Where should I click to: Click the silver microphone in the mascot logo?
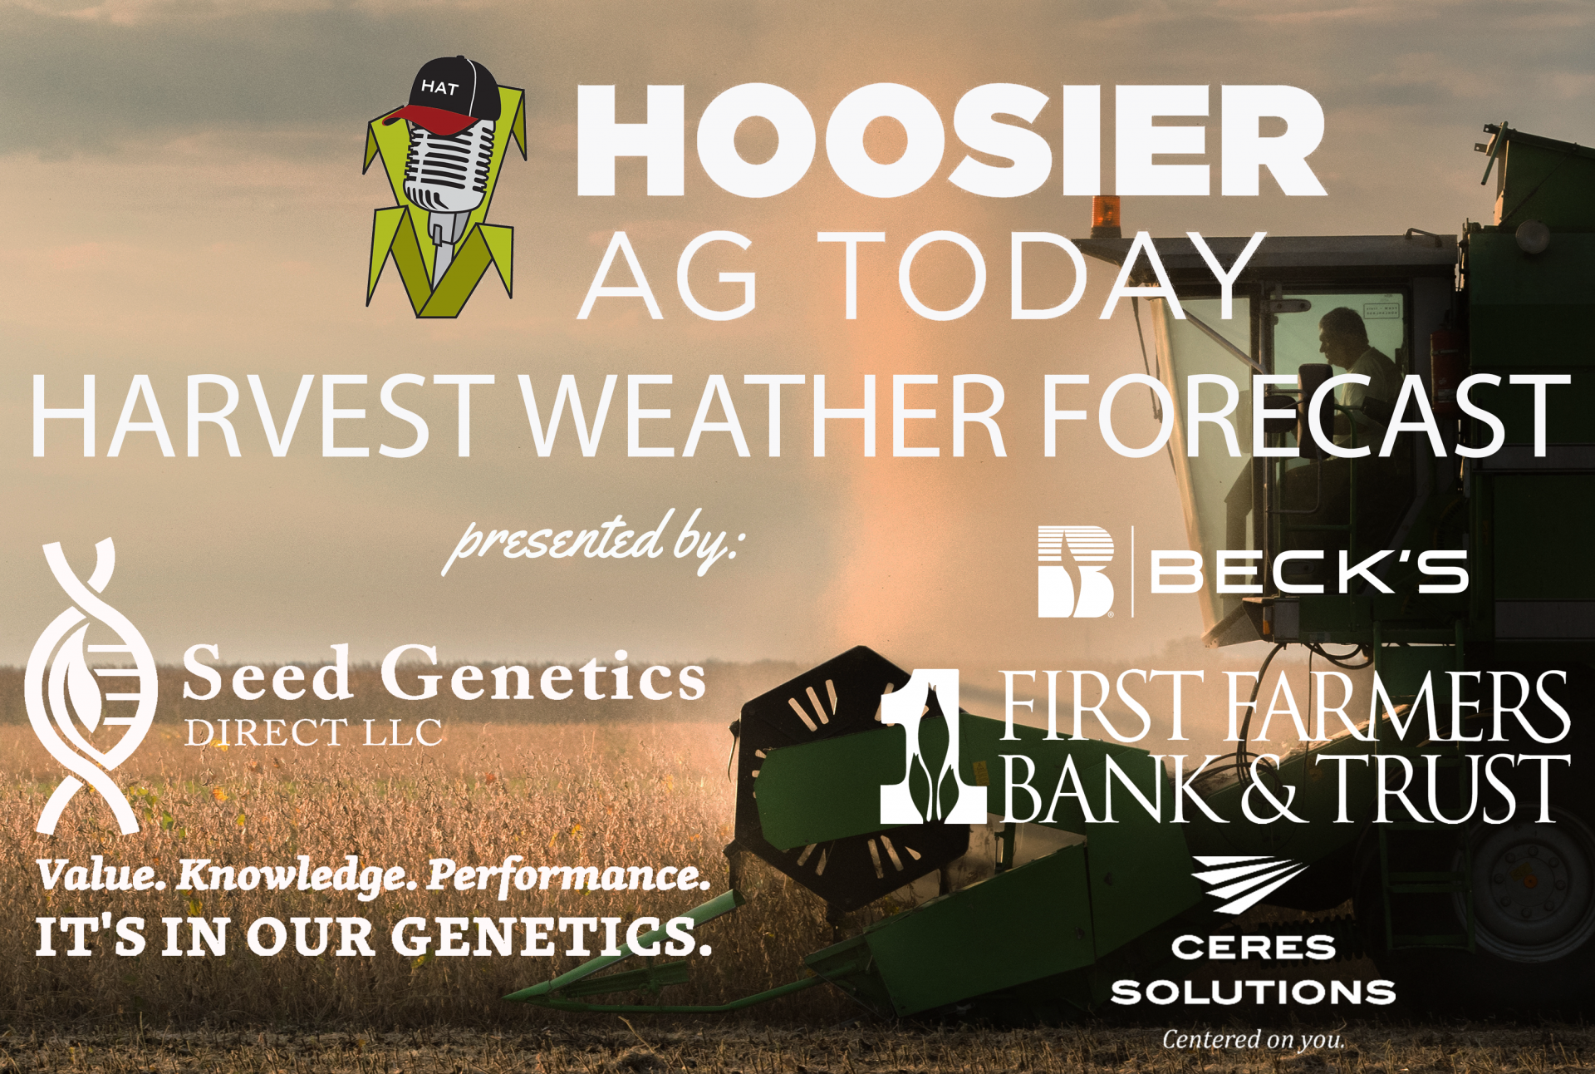449,191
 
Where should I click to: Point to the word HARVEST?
263,415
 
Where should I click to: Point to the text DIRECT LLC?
313,733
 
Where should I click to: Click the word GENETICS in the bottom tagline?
551,936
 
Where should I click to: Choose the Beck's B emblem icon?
1076,572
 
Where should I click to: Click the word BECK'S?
1309,572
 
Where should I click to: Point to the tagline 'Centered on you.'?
1253,1040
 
